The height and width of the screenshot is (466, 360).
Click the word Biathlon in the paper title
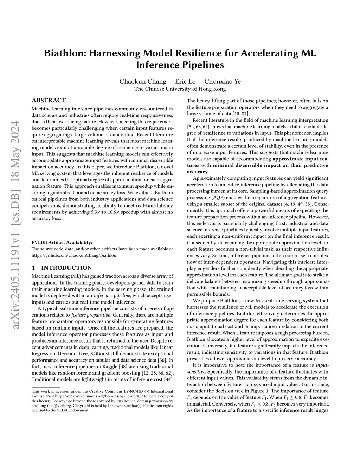(65, 53)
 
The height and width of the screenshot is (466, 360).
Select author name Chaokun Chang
(143, 82)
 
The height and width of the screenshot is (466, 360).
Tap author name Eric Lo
(185, 82)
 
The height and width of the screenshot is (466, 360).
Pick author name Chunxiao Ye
(223, 82)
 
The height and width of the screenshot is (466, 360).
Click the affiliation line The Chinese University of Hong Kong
(180, 89)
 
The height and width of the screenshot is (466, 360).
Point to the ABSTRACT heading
(49, 101)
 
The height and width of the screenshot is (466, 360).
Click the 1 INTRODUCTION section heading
(62, 268)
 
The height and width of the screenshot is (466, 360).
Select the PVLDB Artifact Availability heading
(62, 242)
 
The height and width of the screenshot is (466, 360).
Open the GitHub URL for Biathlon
(74, 255)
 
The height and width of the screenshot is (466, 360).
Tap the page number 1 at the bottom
(180, 422)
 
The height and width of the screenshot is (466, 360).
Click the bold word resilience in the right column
(214, 133)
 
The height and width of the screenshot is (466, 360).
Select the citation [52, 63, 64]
(199, 127)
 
